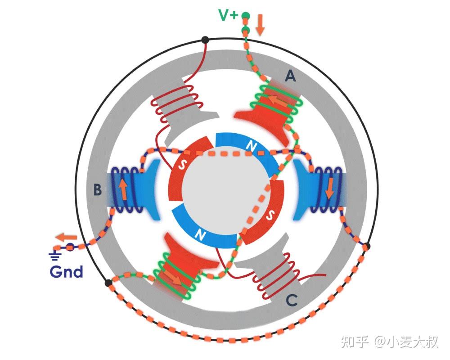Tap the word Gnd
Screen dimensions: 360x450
66,271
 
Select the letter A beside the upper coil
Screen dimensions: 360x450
291,77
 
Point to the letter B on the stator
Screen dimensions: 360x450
97,190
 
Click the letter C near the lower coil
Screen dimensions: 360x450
292,301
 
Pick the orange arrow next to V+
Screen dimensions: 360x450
260,25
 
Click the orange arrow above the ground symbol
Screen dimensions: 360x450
66,237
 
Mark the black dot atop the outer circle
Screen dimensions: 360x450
205,40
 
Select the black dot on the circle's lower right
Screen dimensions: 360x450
367,246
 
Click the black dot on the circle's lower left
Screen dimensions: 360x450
108,283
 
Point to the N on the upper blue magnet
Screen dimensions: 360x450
248,145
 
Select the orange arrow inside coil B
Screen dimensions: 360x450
123,189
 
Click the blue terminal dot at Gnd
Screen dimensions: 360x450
70,247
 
